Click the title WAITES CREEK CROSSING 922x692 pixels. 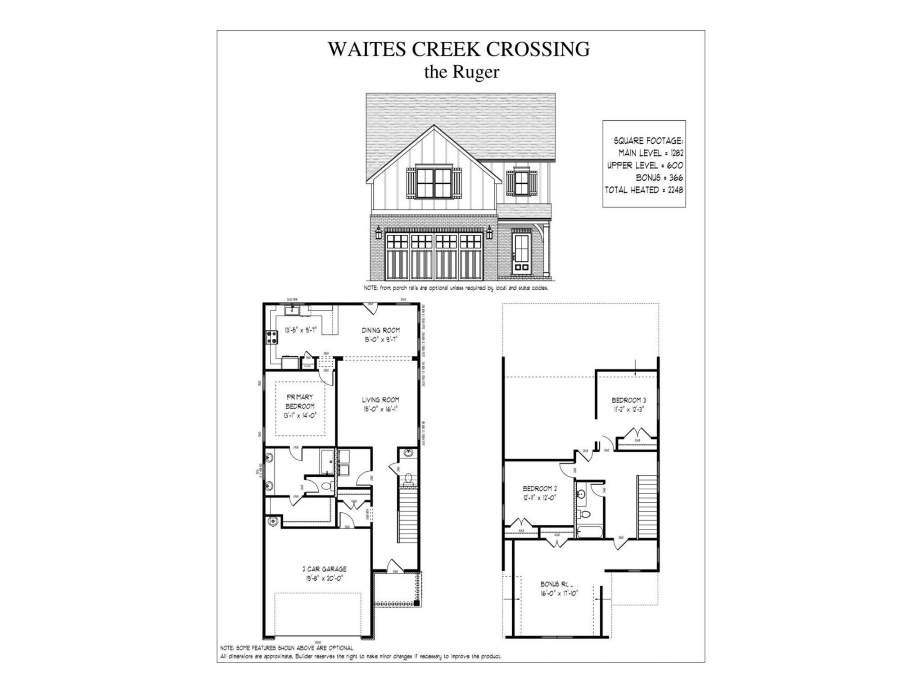coord(459,49)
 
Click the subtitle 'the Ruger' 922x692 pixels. coord(461,72)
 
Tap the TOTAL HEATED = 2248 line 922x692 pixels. coord(644,190)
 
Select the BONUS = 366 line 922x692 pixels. coord(659,178)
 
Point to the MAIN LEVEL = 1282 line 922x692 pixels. coord(651,153)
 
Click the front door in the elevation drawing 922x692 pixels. coord(522,252)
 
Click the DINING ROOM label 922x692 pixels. coord(380,330)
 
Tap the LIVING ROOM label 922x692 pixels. coord(380,400)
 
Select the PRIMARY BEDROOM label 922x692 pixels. coord(299,401)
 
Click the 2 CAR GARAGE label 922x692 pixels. coord(324,569)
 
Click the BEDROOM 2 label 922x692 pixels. coord(540,488)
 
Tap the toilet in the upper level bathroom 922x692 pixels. coord(584,514)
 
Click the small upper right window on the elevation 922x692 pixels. coord(521,183)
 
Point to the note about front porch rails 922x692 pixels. coord(456,288)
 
